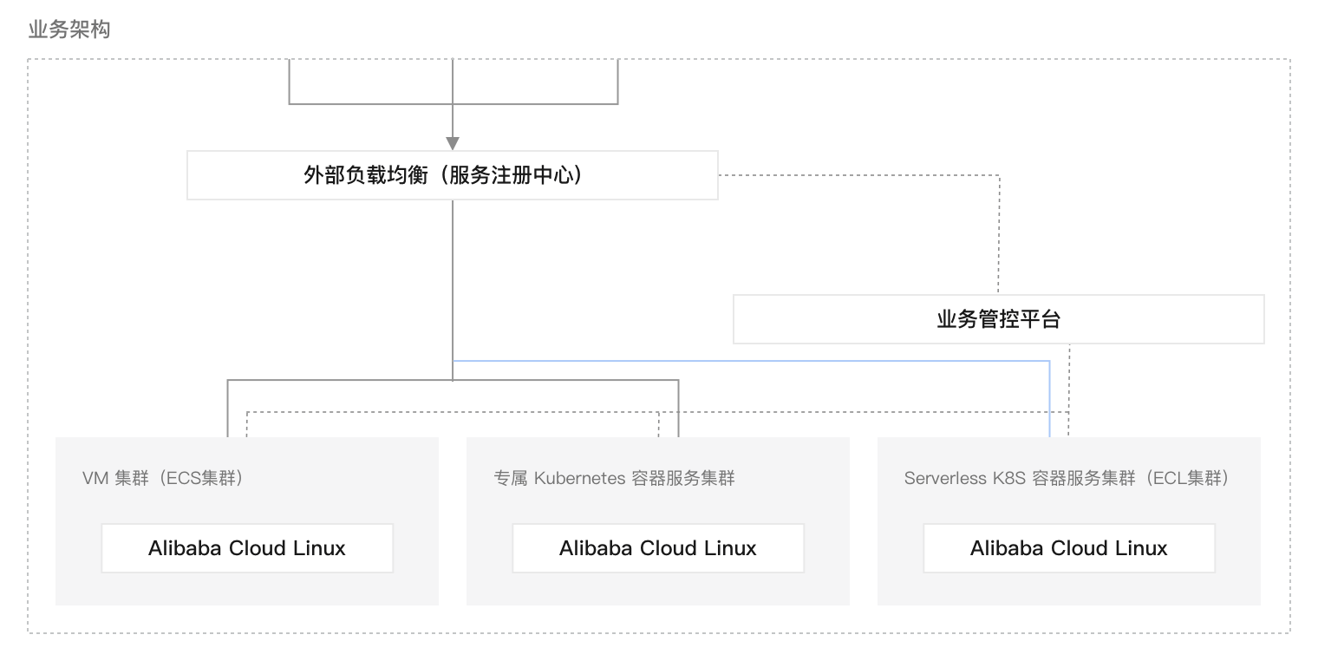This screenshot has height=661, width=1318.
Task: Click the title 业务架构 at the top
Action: (69, 30)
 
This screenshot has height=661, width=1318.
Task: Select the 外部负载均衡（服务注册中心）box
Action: (452, 175)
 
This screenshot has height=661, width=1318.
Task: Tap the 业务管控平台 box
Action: (998, 319)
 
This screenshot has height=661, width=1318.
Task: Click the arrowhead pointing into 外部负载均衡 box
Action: (452, 143)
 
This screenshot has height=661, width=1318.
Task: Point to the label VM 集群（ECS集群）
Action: (163, 478)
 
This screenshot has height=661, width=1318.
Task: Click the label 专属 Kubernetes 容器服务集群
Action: (614, 478)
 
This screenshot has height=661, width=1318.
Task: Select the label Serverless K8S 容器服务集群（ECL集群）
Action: (1067, 478)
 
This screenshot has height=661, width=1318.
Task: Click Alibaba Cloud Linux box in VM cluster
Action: (247, 548)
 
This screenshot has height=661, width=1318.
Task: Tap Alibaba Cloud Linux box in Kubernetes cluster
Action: (658, 548)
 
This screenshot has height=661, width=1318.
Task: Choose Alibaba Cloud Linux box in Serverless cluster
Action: (1069, 548)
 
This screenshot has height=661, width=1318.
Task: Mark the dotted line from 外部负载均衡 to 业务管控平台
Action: (999, 234)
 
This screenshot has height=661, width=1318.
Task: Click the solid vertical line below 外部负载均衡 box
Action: (452, 278)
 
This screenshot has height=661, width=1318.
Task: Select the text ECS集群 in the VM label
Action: (203, 478)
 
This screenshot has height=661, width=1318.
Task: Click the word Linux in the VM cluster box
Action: (318, 548)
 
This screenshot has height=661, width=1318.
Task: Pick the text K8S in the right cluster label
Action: (1009, 478)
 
